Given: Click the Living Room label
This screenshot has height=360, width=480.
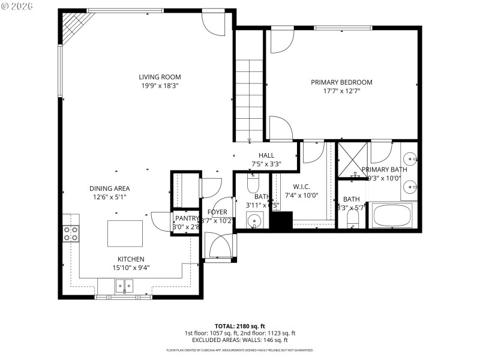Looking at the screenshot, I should coord(160,77).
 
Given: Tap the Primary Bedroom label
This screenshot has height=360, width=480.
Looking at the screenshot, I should coord(341,82).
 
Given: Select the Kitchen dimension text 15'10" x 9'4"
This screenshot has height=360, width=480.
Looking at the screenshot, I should coord(130,268).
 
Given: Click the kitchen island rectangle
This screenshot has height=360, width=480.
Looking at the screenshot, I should coord(125,233).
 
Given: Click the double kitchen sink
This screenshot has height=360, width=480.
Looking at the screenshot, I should coord(125,286).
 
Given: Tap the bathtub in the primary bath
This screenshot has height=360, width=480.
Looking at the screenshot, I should coord(394,216).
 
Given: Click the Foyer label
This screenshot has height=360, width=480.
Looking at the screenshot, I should coord(217,212).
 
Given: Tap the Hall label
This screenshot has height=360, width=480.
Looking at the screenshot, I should coord(266,155).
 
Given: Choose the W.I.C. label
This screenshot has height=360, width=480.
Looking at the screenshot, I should coord(301,186).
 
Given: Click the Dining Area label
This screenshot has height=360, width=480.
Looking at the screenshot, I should coord(109,188).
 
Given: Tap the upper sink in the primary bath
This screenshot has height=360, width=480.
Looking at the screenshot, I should coord(410,158).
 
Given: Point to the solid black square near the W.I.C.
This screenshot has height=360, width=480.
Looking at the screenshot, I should coord(280,221).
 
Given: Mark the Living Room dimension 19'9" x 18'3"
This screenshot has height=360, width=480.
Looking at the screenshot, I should coord(160,86).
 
